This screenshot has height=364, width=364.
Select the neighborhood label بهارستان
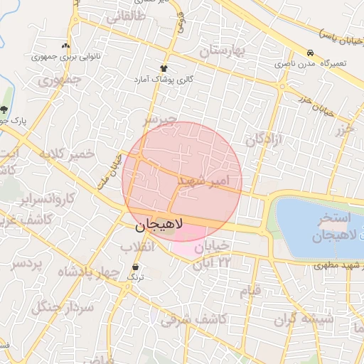(222, 50)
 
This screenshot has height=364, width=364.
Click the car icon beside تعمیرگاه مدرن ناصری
(310, 53)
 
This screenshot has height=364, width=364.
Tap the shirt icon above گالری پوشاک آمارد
(164, 68)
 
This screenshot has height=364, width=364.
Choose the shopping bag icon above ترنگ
(136, 267)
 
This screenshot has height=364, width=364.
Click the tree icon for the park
(5, 109)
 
